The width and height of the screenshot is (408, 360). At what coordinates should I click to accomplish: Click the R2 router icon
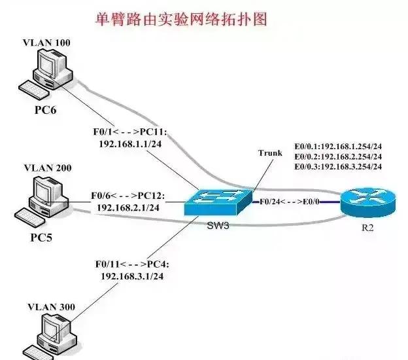point(367,203)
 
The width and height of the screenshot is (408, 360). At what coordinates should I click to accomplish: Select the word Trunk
point(270,153)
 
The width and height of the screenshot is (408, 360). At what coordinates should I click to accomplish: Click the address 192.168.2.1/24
point(129,207)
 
